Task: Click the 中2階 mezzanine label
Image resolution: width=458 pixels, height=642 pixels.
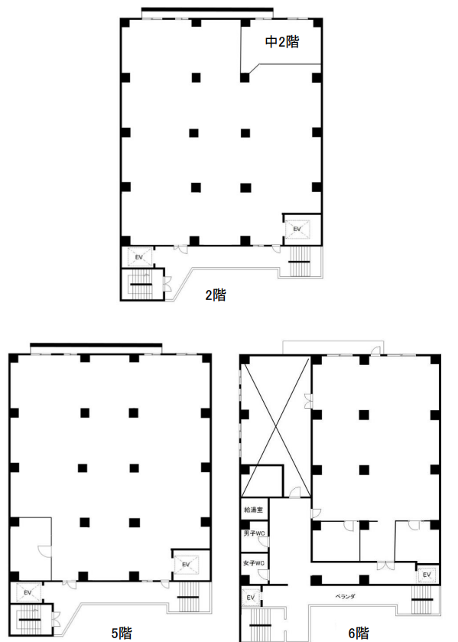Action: pos(282,42)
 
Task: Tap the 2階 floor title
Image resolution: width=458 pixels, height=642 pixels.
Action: pos(216,295)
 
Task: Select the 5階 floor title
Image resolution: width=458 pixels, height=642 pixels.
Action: pos(122,633)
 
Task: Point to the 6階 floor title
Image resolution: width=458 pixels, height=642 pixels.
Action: pos(359,633)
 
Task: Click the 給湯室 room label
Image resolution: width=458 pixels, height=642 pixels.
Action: pos(253,510)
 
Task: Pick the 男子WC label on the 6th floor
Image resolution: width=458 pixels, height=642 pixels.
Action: pos(253,534)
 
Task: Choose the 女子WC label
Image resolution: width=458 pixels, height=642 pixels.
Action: pos(253,563)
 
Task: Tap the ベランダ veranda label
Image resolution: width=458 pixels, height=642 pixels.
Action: pos(345,597)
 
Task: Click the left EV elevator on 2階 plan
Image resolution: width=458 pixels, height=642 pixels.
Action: pos(139,258)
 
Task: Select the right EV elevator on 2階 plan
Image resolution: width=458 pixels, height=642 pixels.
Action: pos(297,229)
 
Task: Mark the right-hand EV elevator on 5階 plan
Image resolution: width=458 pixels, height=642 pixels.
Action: pos(186,565)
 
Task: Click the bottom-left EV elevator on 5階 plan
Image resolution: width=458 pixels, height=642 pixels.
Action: pos(28,592)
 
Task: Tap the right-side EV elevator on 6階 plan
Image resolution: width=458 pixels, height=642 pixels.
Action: pos(427,575)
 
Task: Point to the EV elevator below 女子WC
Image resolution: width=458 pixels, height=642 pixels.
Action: pos(251,598)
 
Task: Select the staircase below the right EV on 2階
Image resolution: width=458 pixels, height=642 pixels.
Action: pos(300,262)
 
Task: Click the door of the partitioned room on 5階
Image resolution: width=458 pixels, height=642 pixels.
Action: pos(44,551)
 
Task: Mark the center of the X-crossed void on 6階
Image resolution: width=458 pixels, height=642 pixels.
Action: pos(276,426)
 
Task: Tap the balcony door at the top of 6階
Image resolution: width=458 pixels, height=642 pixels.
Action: pos(376,350)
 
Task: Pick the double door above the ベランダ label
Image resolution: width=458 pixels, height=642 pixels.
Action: pos(385,565)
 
